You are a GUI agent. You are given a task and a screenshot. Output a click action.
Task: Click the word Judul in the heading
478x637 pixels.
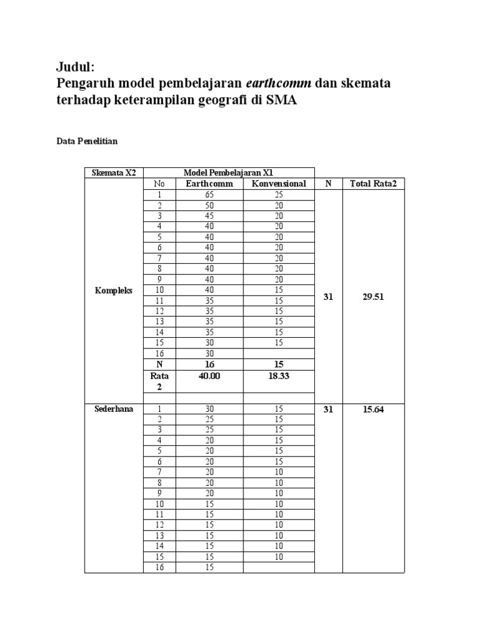[74, 67]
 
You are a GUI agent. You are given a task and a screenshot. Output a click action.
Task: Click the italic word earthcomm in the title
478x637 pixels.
[278, 83]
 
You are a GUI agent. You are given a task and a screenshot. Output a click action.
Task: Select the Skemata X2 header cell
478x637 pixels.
[113, 172]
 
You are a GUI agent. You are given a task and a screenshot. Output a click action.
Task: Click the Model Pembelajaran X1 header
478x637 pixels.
[228, 172]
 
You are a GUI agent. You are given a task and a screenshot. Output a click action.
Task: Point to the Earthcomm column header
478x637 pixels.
[209, 184]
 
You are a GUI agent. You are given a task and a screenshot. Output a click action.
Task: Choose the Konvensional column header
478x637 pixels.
[278, 184]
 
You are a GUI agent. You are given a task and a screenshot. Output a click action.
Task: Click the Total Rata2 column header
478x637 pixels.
[373, 184]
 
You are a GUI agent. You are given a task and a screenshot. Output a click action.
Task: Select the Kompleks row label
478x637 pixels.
[113, 291]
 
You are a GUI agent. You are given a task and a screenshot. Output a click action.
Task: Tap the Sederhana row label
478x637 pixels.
[113, 409]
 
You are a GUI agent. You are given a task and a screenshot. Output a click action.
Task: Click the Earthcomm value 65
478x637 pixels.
[209, 195]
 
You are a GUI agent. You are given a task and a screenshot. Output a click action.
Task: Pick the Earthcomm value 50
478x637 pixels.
[209, 205]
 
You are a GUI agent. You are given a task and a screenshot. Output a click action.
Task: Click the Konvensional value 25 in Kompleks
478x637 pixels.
[278, 195]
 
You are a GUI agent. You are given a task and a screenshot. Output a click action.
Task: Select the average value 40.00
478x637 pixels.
[209, 376]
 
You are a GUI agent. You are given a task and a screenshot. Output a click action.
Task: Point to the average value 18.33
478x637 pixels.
[278, 376]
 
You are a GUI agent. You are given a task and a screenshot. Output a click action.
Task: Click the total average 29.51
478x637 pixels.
[373, 297]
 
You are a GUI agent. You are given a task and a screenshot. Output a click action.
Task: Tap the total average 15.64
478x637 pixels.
[373, 409]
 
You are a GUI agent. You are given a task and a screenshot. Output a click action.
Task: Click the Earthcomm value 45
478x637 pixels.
[209, 216]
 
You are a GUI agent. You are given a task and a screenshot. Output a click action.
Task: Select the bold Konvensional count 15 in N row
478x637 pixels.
[278, 364]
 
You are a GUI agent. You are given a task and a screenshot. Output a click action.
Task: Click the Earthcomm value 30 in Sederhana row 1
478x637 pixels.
[209, 409]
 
